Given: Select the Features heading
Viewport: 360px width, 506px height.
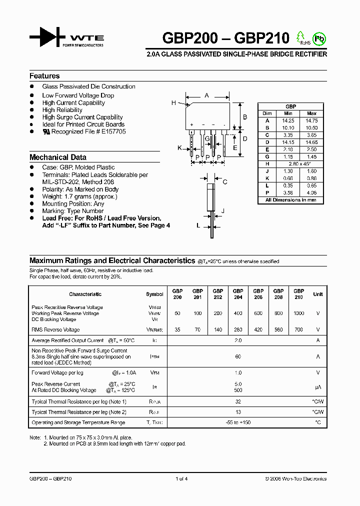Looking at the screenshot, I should coord(44,76).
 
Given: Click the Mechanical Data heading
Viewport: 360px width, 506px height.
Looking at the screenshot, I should coord(57,157).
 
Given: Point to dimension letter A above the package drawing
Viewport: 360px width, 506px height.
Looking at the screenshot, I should coord(206,94).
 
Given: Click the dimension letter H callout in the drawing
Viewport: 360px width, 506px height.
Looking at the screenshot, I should coord(173,103).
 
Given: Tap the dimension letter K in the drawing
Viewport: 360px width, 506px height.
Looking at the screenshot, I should coord(179,148).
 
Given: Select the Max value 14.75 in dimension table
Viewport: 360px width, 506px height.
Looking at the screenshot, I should coord(311,120).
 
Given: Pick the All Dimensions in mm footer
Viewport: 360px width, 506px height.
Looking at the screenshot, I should coord(290,200).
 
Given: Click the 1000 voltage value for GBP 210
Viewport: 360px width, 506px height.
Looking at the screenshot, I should coord(298,313).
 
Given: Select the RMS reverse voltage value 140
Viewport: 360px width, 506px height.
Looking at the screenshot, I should coord(218,330).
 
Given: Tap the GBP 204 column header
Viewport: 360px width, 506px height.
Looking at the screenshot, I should coord(238,294).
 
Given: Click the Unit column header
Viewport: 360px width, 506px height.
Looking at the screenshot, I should coord(317,294).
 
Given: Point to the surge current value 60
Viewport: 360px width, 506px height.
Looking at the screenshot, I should coord(238,356).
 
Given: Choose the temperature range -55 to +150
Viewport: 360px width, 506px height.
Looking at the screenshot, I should coord(238,423).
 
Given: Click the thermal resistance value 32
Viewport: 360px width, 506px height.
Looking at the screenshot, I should coord(238,402).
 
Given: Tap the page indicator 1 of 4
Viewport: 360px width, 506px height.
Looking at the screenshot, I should coord(181,479).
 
